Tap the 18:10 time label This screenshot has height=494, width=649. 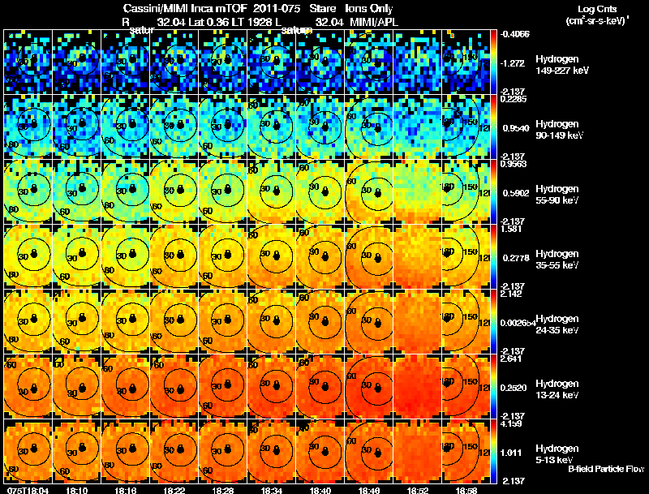(79, 489)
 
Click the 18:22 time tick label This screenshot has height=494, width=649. (174, 489)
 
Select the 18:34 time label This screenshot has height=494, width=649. (272, 489)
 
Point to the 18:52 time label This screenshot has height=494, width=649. (417, 489)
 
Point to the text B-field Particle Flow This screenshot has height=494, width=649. (606, 469)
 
